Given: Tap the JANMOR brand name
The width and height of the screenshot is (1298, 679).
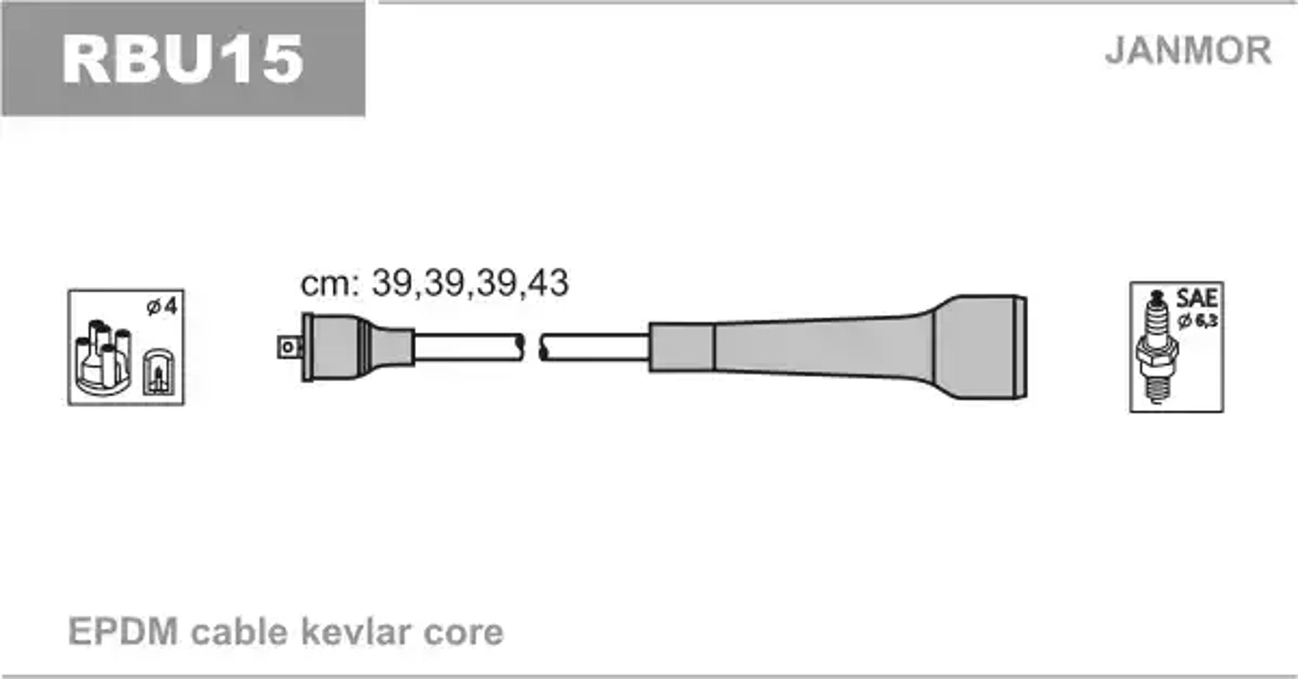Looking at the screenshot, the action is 1188,51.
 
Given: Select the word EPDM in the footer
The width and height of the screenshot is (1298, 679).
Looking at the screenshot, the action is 123,631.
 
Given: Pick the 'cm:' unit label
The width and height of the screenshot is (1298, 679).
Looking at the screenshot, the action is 330,284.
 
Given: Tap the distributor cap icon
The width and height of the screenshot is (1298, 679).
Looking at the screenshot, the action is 103,357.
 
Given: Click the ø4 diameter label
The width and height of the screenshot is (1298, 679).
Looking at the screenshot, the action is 162,307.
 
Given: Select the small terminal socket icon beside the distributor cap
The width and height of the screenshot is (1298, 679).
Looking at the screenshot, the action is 159,371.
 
